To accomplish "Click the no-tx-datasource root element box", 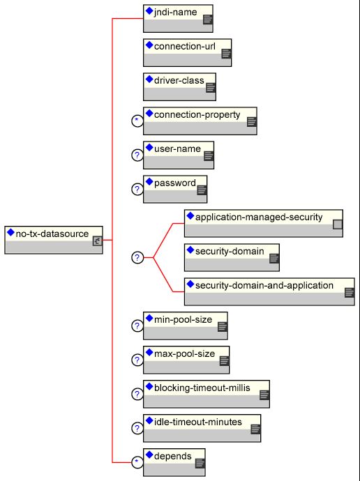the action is (x=54, y=240).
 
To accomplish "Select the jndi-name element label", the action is (x=176, y=13).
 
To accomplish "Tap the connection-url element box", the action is (x=187, y=52).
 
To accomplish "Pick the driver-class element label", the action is (x=179, y=80).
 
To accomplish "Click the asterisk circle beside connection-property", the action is (x=137, y=121).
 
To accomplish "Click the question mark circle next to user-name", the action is (x=137, y=155).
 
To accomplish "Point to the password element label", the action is (x=175, y=183).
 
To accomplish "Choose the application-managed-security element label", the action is (x=259, y=217).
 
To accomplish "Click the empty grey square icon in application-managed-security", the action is (x=338, y=224).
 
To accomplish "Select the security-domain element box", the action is (x=232, y=257).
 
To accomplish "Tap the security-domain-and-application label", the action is (x=264, y=286).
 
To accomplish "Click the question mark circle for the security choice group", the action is (x=137, y=257).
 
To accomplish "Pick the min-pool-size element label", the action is (x=183, y=320).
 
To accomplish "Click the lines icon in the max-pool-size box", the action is (x=225, y=361).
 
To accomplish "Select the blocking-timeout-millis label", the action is (x=202, y=388).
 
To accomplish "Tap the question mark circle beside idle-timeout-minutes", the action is (x=137, y=428).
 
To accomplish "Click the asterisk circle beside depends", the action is (x=137, y=462).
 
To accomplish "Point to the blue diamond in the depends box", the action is (x=149, y=455).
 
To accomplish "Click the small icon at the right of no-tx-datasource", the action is (x=97, y=241).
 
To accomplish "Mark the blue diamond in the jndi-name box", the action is (x=149, y=10).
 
